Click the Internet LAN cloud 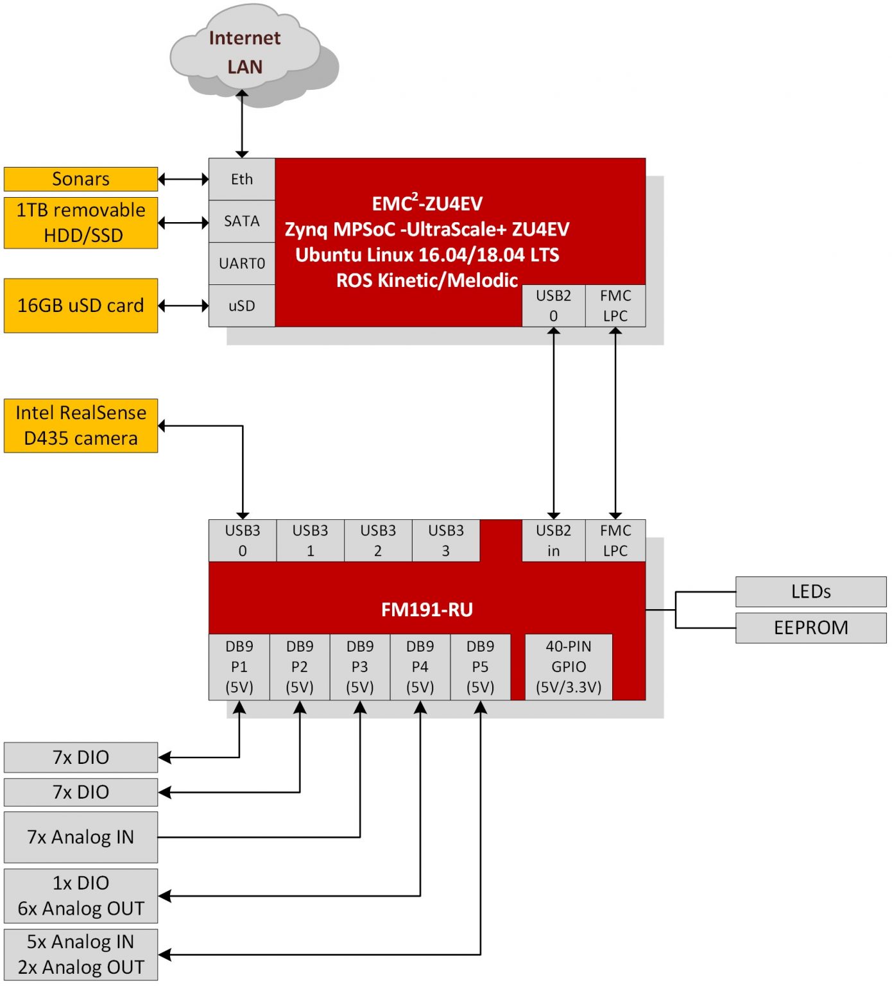244,53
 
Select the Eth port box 242,179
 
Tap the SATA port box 242,221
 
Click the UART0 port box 242,264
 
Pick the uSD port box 242,306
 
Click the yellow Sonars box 81,179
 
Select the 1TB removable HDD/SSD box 81,223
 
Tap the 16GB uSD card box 81,306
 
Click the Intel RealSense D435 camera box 81,426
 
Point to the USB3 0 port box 243,541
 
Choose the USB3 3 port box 445,541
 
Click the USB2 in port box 553,541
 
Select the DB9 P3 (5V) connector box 360,667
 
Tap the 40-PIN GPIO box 569,667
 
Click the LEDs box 811,591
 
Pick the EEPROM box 811,628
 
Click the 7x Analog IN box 81,837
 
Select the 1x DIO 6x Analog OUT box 81,896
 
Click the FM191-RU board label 427,609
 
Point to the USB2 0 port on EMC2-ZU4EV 553,306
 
